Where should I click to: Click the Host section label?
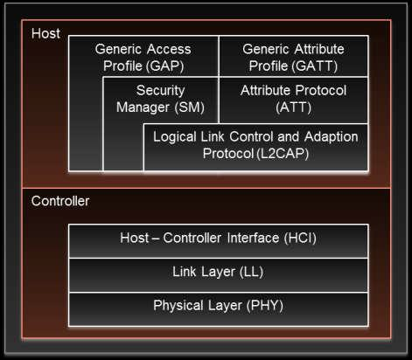click(x=45, y=33)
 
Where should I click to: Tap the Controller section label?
click(x=60, y=201)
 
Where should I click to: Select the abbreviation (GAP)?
click(x=164, y=66)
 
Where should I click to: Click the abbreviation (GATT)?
click(x=315, y=66)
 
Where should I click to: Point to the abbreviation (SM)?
click(x=190, y=107)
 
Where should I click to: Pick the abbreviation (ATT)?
click(x=293, y=107)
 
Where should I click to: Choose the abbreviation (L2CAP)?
click(x=283, y=154)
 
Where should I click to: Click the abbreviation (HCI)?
click(x=300, y=238)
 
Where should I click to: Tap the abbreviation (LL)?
click(x=251, y=272)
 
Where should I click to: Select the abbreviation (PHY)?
click(x=265, y=306)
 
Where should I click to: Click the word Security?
click(x=161, y=91)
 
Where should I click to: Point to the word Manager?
click(x=143, y=107)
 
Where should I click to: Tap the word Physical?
click(x=178, y=306)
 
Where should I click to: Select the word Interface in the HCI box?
click(x=253, y=238)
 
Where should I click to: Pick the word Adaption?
click(x=332, y=137)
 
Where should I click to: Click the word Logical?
click(x=175, y=137)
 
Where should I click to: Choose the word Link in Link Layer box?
click(x=184, y=272)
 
